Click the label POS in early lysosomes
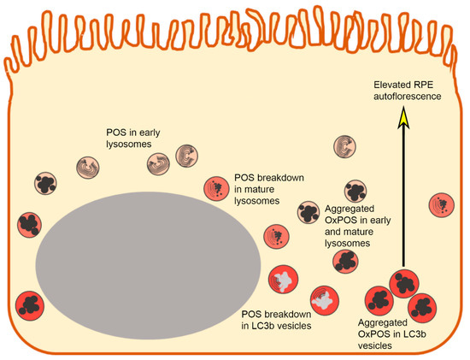point(128,139)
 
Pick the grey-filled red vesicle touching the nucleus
point(284,280)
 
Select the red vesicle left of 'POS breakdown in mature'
point(215,187)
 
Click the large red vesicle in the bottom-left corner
point(32,306)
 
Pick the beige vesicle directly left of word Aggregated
point(308,210)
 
